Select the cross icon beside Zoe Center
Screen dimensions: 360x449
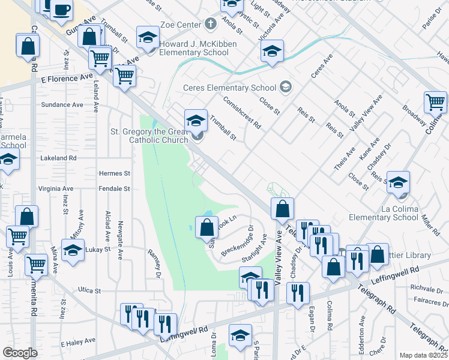(x=210, y=24)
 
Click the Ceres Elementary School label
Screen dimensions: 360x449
(x=230, y=88)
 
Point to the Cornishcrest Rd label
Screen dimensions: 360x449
(x=242, y=113)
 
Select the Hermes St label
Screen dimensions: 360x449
(x=114, y=173)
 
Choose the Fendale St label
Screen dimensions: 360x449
(x=114, y=188)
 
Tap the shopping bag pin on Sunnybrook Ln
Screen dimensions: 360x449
(x=206, y=227)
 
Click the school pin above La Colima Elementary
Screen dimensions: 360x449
(x=398, y=184)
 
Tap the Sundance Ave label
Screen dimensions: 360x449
(x=62, y=104)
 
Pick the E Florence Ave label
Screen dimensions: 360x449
(x=68, y=79)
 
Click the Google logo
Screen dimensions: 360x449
(x=20, y=353)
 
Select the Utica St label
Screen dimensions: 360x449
(x=89, y=290)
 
